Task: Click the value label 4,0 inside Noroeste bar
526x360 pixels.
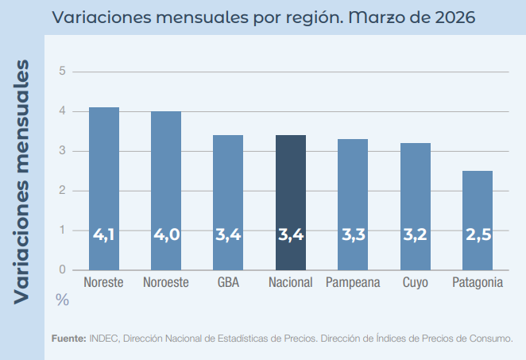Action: (x=166, y=235)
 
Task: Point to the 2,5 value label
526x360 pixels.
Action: (x=478, y=235)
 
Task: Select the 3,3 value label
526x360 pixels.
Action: (x=354, y=235)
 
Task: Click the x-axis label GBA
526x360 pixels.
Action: (x=229, y=283)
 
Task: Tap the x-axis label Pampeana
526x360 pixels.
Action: (x=354, y=283)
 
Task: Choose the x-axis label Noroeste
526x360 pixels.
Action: (x=166, y=283)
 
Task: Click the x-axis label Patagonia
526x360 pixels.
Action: (x=478, y=283)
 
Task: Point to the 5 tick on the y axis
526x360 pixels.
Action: (x=62, y=72)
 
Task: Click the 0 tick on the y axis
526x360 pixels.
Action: (x=62, y=270)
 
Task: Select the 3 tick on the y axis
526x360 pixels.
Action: (x=62, y=151)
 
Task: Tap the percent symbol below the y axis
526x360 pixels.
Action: (x=62, y=300)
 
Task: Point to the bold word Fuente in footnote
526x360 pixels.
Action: (x=68, y=339)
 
